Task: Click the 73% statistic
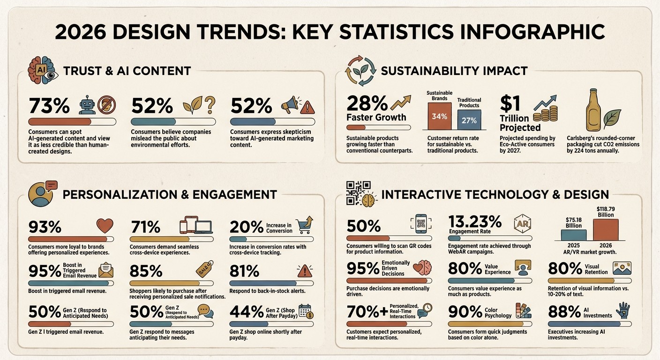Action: pyautogui.click(x=49, y=106)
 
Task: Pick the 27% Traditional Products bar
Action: pyautogui.click(x=469, y=120)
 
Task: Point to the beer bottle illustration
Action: pyautogui.click(x=593, y=111)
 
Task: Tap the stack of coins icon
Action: pyautogui.click(x=547, y=114)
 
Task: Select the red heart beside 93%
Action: pyautogui.click(x=105, y=226)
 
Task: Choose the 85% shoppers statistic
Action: pyautogui.click(x=146, y=271)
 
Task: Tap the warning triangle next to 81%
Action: pyautogui.click(x=305, y=270)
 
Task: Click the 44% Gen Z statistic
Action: pyautogui.click(x=246, y=311)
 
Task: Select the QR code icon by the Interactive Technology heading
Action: pyautogui.click(x=358, y=193)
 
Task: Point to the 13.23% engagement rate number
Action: pyautogui.click(x=475, y=221)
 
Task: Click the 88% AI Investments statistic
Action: pyautogui.click(x=562, y=311)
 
